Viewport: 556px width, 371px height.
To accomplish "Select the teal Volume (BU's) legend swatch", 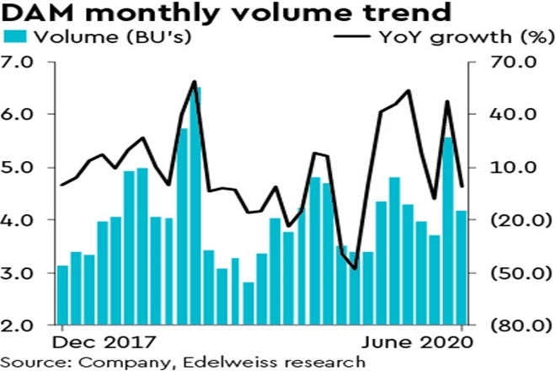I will coord(14,37).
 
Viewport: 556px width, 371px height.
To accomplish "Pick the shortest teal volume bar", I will coord(249,304).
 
